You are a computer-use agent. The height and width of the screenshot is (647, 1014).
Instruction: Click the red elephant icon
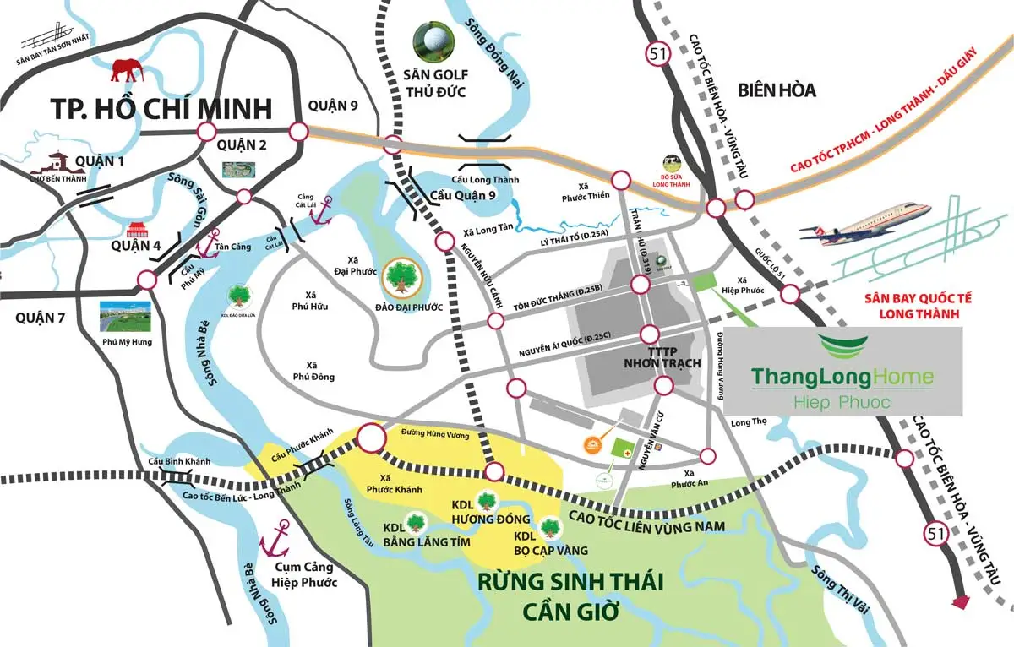(x=126, y=70)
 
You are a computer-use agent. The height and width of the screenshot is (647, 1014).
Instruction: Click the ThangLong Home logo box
(x=842, y=372)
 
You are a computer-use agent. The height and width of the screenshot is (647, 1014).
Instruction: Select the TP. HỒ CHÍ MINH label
(x=161, y=109)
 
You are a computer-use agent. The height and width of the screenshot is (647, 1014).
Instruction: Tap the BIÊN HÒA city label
(x=776, y=90)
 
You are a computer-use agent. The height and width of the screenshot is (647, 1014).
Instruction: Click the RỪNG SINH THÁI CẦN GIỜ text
(x=570, y=595)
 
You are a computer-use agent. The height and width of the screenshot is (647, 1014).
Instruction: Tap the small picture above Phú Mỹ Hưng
(x=126, y=316)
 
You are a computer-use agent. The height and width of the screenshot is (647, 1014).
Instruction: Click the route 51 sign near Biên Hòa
(x=656, y=55)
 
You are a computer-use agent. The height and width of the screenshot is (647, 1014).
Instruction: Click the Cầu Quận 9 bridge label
(x=463, y=196)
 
